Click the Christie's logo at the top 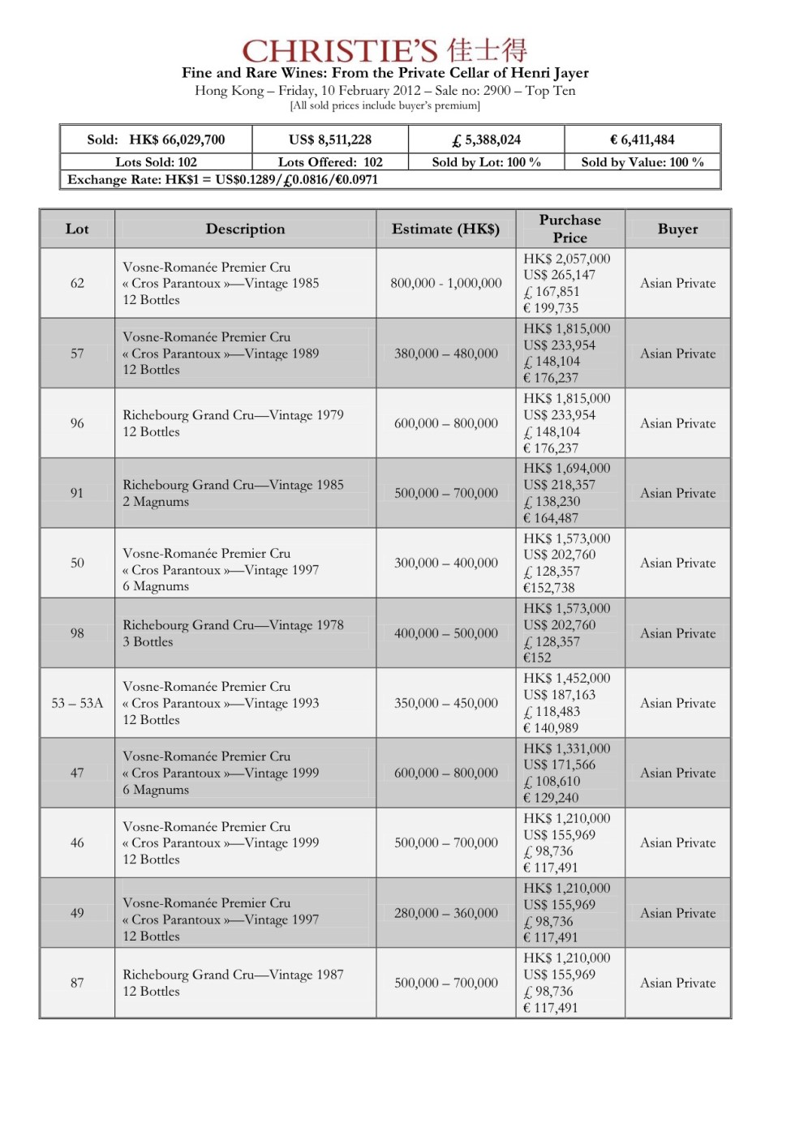[385, 50]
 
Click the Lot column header [77, 229]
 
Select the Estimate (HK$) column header [445, 229]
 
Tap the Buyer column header [677, 229]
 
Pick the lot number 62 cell [77, 283]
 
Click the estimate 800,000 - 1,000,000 [445, 283]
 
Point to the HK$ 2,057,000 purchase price [566, 259]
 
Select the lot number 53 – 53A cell [77, 703]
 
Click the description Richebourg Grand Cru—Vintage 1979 [233, 415]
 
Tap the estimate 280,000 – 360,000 [445, 913]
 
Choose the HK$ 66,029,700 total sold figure [177, 139]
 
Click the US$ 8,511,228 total [330, 139]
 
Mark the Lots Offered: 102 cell [330, 162]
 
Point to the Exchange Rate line [222, 180]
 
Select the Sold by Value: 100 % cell [642, 162]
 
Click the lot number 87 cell [77, 983]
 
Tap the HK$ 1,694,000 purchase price [566, 469]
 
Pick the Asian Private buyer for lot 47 [677, 773]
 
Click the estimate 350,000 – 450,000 [445, 703]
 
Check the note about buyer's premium [385, 105]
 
